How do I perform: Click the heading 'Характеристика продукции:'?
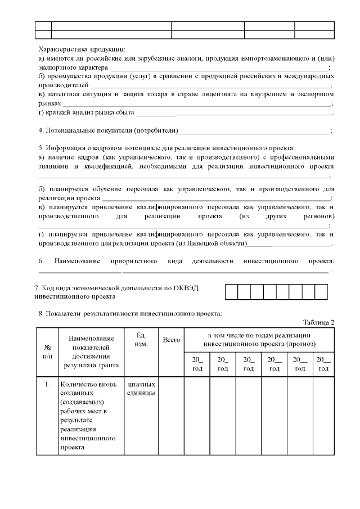(x=82, y=49)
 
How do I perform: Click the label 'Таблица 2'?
(x=318, y=322)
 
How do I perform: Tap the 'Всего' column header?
(x=171, y=340)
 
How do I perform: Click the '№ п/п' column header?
(x=47, y=352)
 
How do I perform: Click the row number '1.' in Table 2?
(x=47, y=385)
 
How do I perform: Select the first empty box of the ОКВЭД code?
(x=231, y=291)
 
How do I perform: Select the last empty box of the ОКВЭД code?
(x=321, y=291)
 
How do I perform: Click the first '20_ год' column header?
(x=196, y=364)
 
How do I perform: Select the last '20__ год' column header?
(x=322, y=364)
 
